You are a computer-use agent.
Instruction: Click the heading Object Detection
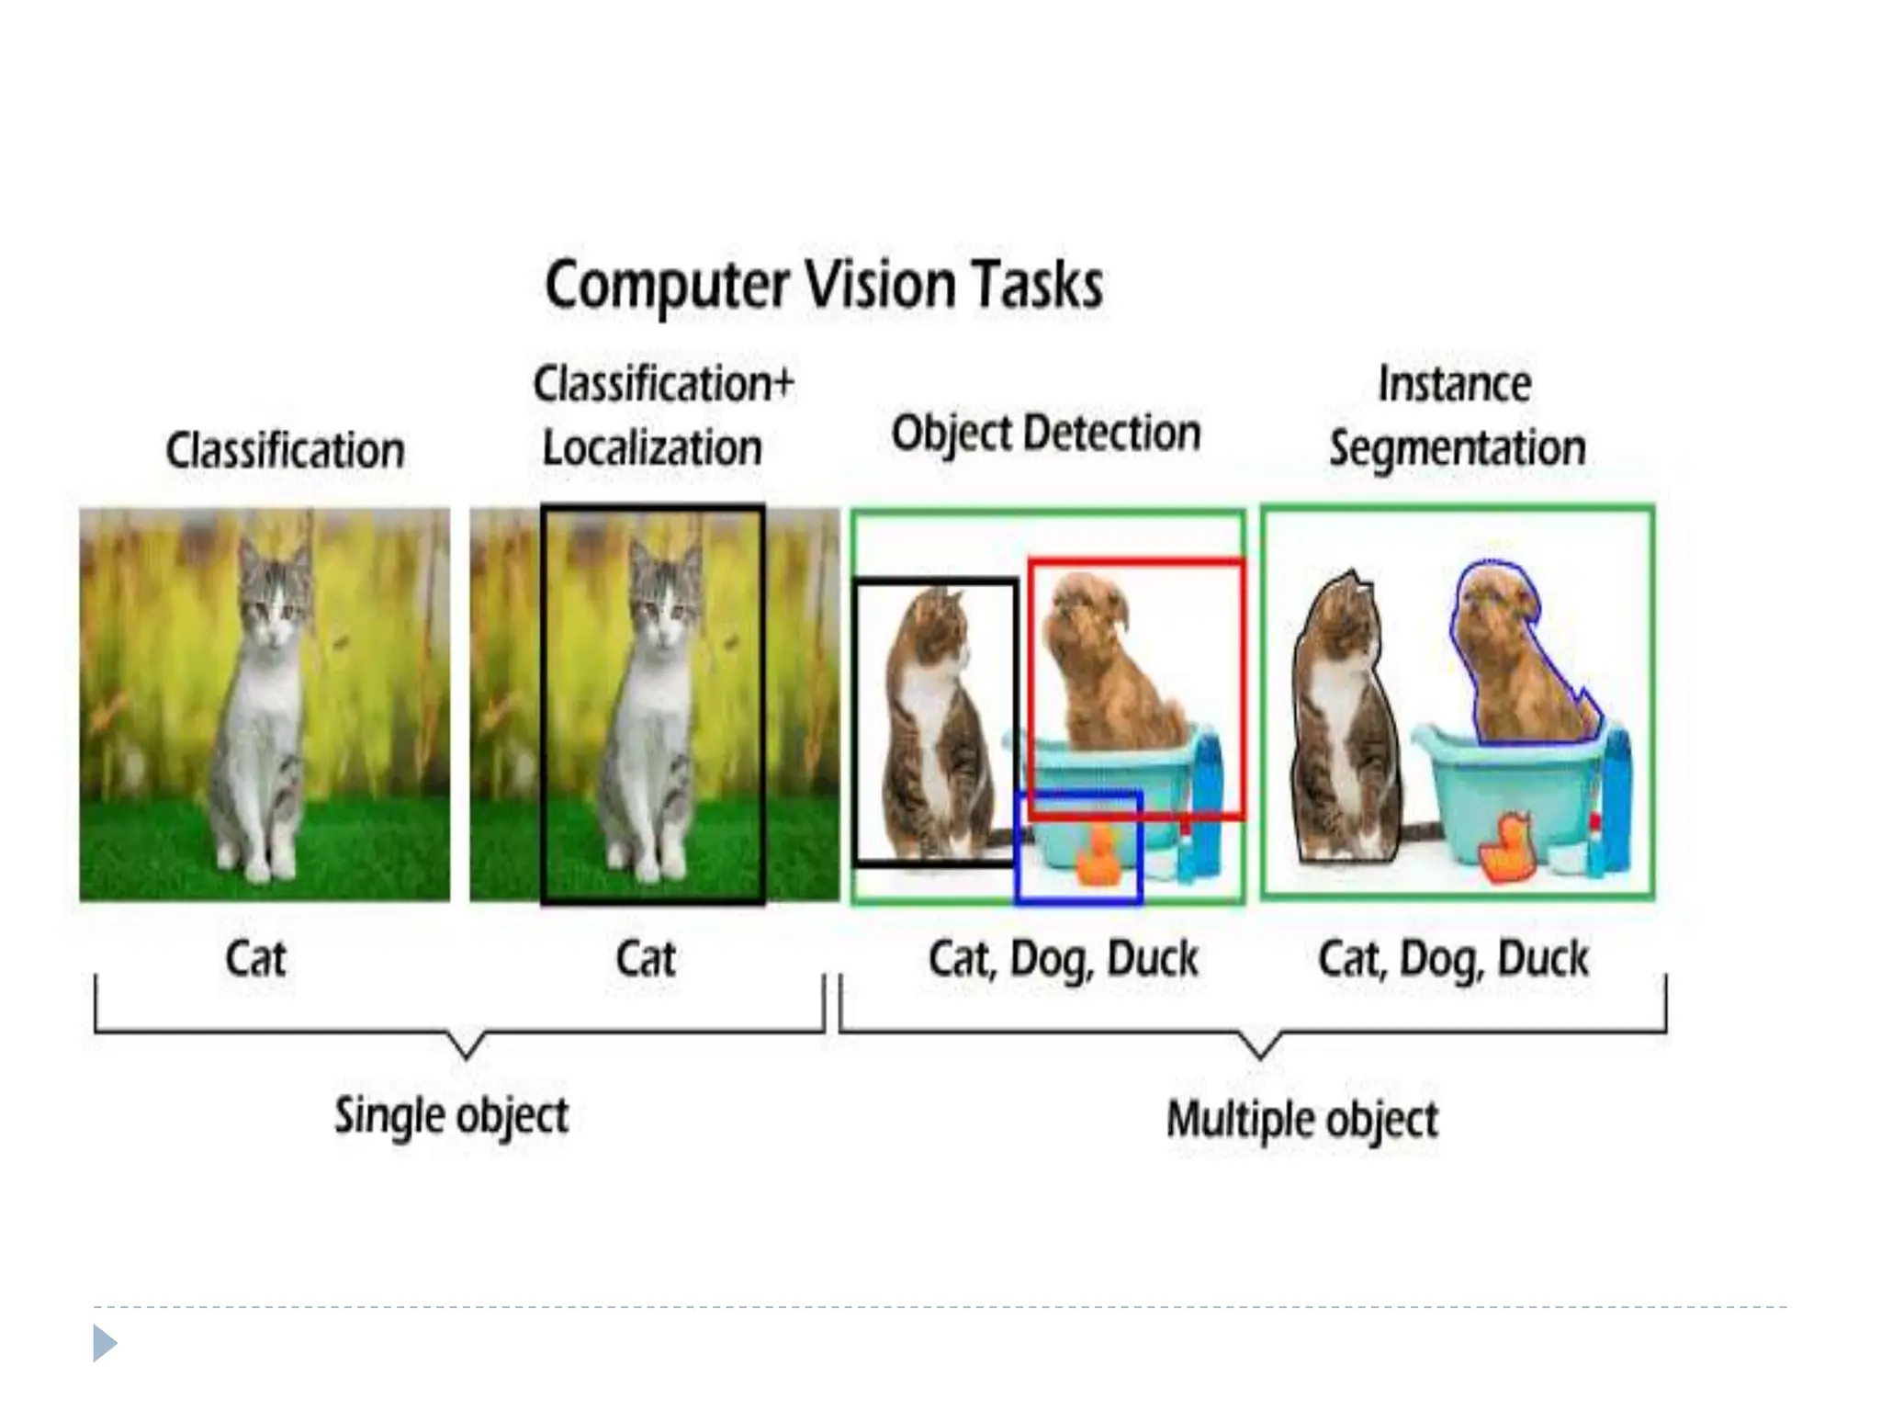(1046, 433)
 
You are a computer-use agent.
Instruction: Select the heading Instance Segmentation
(1457, 416)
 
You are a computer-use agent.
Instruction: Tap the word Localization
(652, 448)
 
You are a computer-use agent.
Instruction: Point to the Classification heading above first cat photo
(285, 451)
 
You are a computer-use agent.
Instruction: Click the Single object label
(451, 1116)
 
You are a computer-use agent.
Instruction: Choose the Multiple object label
(1301, 1120)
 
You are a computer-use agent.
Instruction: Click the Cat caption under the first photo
(255, 959)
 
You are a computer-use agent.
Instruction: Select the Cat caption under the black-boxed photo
(646, 959)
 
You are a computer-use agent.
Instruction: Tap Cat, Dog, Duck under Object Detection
(1063, 959)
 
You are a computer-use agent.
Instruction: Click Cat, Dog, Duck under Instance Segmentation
(1453, 959)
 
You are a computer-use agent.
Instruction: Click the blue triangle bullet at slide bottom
(104, 1343)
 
